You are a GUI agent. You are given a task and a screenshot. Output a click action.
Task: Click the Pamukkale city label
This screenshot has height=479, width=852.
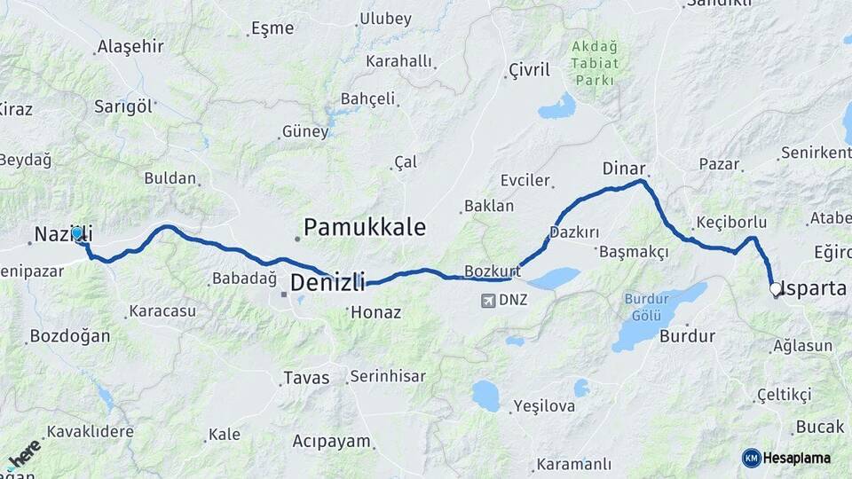(x=365, y=226)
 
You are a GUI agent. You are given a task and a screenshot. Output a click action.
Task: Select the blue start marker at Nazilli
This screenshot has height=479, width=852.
(x=77, y=234)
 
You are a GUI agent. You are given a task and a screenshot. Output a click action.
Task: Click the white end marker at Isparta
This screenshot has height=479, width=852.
(x=775, y=288)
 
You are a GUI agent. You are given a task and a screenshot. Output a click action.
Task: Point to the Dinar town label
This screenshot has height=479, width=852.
(x=623, y=168)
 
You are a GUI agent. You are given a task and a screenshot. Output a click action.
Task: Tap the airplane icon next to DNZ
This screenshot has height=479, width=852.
(x=487, y=300)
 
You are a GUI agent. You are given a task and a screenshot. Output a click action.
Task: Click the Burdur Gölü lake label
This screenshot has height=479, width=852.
(x=646, y=306)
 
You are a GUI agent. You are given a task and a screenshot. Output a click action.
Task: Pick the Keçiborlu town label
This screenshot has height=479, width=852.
(x=730, y=222)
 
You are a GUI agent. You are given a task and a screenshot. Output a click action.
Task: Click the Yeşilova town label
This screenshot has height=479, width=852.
(x=543, y=406)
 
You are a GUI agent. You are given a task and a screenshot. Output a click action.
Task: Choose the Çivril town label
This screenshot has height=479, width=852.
(x=529, y=70)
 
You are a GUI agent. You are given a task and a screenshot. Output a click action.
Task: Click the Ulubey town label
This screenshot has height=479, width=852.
(x=384, y=19)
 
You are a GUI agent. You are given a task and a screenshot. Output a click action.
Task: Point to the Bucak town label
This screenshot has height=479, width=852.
(x=819, y=427)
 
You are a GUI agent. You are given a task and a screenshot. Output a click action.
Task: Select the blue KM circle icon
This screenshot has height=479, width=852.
(x=752, y=458)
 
